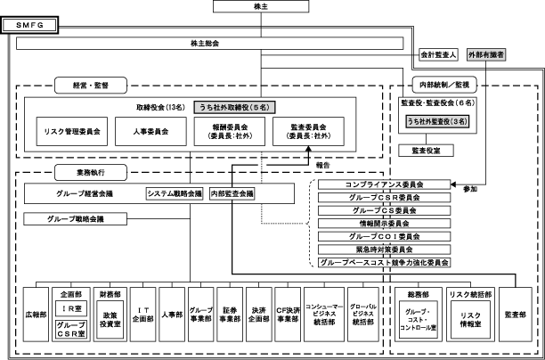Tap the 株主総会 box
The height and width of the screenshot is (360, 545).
(x=204, y=44)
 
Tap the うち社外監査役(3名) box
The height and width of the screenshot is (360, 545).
(x=436, y=122)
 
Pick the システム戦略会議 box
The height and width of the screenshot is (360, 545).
(x=175, y=192)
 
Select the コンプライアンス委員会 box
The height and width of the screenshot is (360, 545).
(x=384, y=184)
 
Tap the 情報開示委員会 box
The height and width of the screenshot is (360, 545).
(x=384, y=224)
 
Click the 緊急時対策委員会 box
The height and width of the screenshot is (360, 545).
(x=384, y=250)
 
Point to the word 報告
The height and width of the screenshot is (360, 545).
(x=322, y=165)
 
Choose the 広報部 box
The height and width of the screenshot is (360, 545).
(x=35, y=315)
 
